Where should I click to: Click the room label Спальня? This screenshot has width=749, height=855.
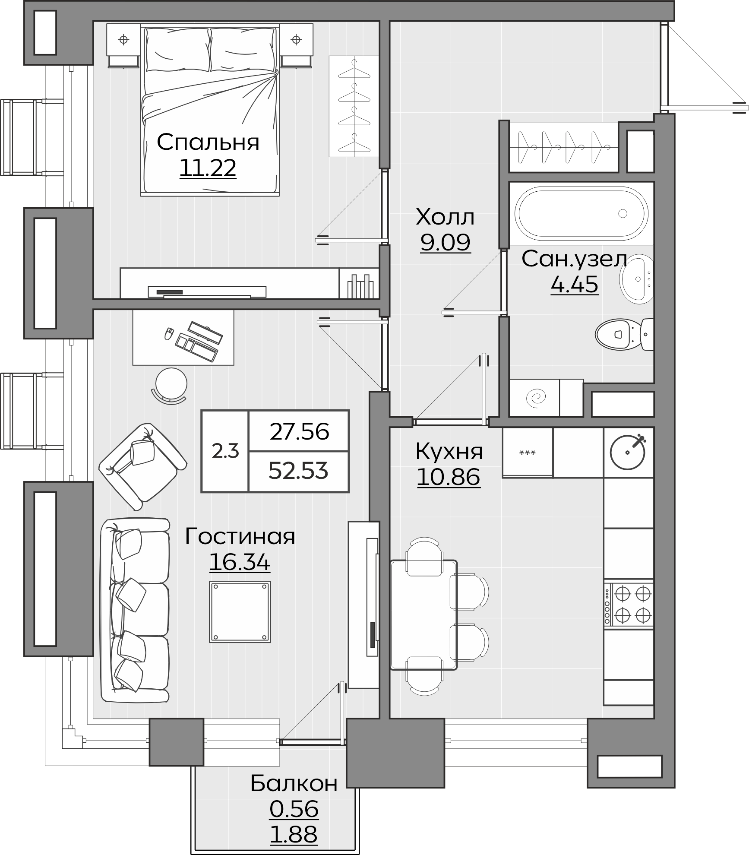208,142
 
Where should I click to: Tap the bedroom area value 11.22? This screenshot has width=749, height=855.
208,168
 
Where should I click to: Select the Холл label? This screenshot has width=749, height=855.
445,217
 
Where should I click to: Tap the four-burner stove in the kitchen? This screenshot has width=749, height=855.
629,604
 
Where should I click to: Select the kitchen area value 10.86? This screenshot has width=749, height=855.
449,477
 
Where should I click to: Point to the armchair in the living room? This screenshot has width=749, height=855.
142,467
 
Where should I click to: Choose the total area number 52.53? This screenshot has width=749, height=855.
298,471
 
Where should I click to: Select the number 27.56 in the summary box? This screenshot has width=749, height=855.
300,431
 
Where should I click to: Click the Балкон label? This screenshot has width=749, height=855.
294,783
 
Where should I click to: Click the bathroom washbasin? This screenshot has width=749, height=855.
636,278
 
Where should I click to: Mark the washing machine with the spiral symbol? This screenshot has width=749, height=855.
535,398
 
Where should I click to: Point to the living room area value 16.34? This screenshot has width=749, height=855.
240,562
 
